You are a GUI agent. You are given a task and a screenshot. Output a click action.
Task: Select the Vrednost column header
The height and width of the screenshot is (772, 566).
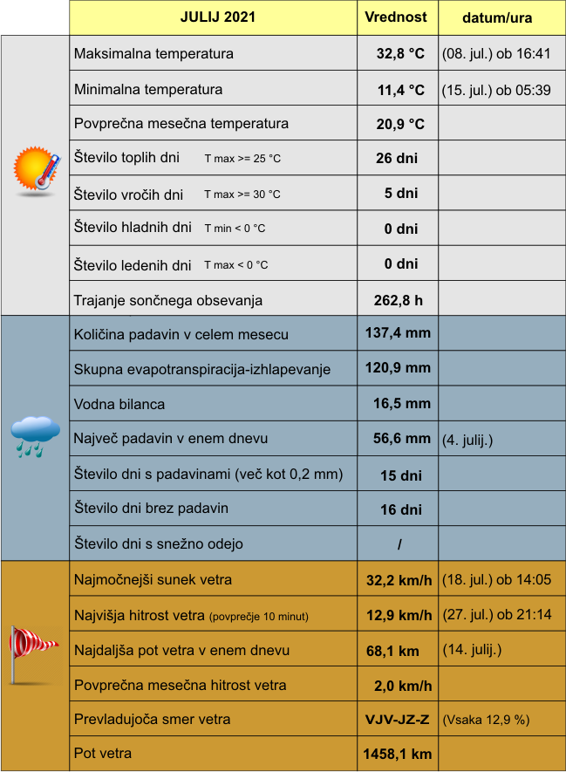(x=396, y=17)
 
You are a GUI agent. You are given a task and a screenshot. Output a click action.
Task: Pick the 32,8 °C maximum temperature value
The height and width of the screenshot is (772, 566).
(x=400, y=54)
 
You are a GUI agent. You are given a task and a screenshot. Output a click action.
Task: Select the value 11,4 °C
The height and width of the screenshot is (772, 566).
(x=400, y=89)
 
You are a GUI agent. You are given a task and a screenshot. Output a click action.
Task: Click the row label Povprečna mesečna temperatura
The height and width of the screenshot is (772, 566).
(x=181, y=124)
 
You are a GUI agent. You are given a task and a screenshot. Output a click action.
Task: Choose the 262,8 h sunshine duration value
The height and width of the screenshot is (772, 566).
(x=399, y=301)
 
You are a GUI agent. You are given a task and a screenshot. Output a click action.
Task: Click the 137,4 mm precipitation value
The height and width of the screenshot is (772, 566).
(x=398, y=332)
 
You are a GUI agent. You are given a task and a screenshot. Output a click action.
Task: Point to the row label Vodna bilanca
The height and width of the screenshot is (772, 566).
(x=119, y=404)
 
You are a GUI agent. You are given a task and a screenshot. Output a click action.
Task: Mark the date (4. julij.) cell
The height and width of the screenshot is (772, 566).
(x=467, y=440)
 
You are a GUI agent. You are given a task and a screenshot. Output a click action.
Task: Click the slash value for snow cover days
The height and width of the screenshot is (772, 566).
(x=399, y=544)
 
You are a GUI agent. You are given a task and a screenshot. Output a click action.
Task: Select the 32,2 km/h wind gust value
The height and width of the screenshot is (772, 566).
(x=399, y=580)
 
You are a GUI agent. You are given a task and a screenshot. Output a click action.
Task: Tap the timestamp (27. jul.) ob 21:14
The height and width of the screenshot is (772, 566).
(x=497, y=614)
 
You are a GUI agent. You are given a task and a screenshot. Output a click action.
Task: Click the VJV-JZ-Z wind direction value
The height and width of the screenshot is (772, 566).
(x=398, y=720)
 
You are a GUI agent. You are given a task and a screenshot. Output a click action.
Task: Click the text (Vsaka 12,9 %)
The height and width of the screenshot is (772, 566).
(x=487, y=721)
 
